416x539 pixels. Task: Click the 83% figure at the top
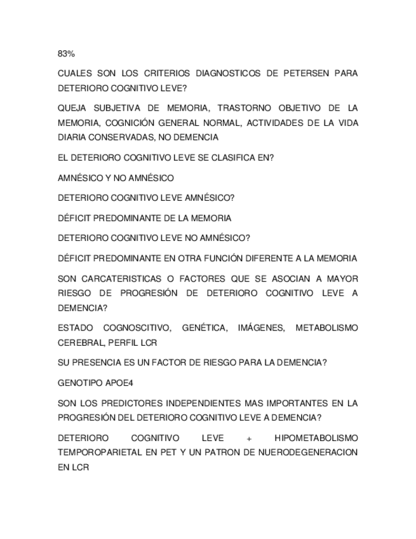pyautogui.click(x=66, y=54)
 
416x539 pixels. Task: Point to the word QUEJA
pyautogui.click(x=72, y=108)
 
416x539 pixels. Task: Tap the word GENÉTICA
pyautogui.click(x=204, y=328)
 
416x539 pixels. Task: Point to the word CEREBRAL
pyautogui.click(x=81, y=343)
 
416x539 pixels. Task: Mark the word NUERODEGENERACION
pyautogui.click(x=299, y=453)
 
